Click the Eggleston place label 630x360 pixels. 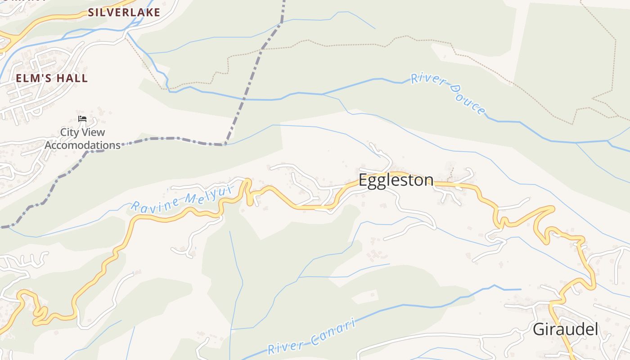tap(396, 180)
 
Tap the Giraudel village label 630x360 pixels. tap(565, 329)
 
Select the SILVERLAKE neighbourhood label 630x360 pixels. tap(124, 12)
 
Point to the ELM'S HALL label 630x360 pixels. tap(52, 78)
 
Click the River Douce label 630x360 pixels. tap(448, 94)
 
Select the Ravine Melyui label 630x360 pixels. tap(182, 199)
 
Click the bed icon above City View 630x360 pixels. tap(82, 119)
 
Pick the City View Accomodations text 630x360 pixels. tap(82, 139)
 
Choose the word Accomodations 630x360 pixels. tap(82, 145)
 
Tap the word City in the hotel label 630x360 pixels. tap(69, 132)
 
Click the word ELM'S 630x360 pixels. tap(33, 78)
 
